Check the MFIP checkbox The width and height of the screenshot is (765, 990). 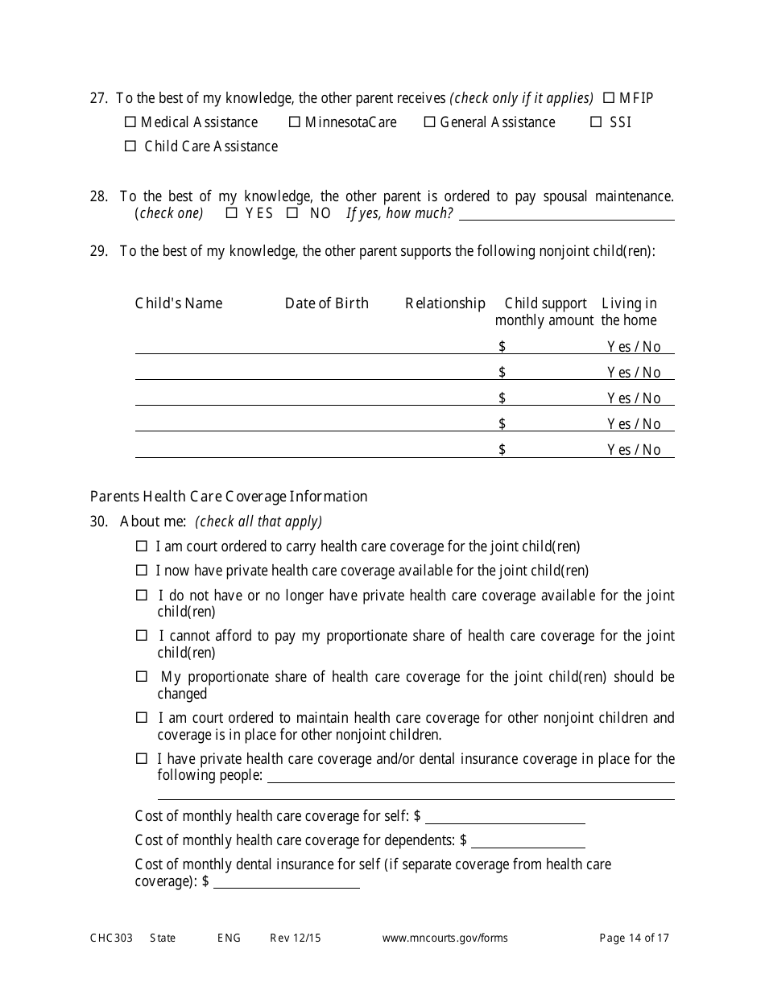[609, 98]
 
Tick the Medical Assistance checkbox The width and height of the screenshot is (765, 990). [130, 122]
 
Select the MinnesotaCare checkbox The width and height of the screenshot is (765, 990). [295, 122]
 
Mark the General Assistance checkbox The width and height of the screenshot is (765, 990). [430, 122]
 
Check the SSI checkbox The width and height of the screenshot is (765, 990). [596, 122]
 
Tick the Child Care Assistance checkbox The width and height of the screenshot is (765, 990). [130, 146]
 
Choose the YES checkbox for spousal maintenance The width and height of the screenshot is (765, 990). [232, 213]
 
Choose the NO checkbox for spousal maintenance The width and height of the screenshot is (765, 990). [292, 213]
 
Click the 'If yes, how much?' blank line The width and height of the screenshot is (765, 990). [566, 214]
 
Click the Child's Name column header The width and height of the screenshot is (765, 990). [179, 303]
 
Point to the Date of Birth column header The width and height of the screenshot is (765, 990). [327, 303]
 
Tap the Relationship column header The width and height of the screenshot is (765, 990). [445, 303]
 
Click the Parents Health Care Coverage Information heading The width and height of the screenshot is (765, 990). [229, 497]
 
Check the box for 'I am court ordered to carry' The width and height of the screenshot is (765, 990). [142, 547]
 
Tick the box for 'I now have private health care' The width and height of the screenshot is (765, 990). [142, 571]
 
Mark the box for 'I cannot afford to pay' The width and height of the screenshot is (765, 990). [142, 636]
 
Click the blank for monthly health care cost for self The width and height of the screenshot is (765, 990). [505, 818]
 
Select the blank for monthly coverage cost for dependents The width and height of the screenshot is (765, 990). [528, 842]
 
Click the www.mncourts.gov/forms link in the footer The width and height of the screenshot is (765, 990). [445, 938]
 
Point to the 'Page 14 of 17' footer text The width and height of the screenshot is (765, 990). [635, 938]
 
